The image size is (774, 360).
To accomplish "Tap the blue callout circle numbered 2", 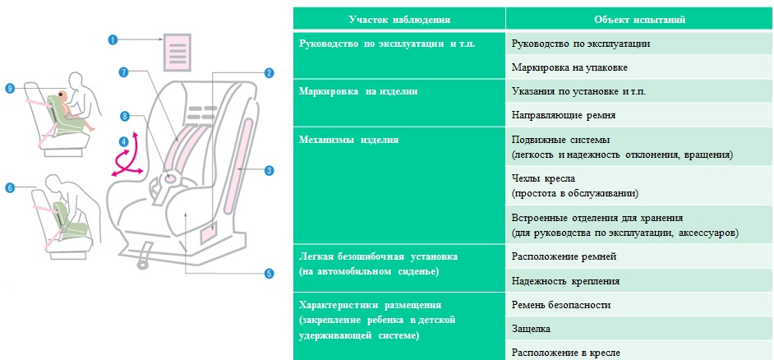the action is (x=269, y=73).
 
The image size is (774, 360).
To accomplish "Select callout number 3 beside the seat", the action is (x=269, y=171).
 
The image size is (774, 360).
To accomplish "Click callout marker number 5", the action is (x=269, y=273).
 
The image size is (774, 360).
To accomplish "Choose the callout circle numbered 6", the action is (x=10, y=187).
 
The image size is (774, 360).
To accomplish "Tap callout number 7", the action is (x=123, y=72).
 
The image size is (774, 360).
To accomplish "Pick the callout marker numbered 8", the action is (x=124, y=116).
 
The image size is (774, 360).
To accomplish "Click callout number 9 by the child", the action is (x=10, y=88).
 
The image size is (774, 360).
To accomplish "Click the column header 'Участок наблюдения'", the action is (x=399, y=21).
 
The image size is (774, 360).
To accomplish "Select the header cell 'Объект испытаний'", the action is (x=640, y=21).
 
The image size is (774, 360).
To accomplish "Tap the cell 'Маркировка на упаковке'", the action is (x=569, y=67).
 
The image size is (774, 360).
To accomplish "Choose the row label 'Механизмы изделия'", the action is (x=348, y=140).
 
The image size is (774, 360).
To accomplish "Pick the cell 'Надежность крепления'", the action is (x=565, y=281).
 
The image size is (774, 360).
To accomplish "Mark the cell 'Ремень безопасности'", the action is (x=561, y=305).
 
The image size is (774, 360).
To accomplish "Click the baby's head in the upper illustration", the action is (x=61, y=94).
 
